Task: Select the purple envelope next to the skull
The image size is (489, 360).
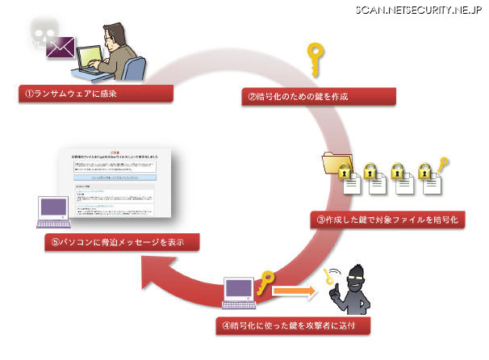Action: (62, 48)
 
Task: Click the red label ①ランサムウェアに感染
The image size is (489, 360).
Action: (96, 94)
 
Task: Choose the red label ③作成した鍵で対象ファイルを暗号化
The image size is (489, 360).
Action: (387, 219)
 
